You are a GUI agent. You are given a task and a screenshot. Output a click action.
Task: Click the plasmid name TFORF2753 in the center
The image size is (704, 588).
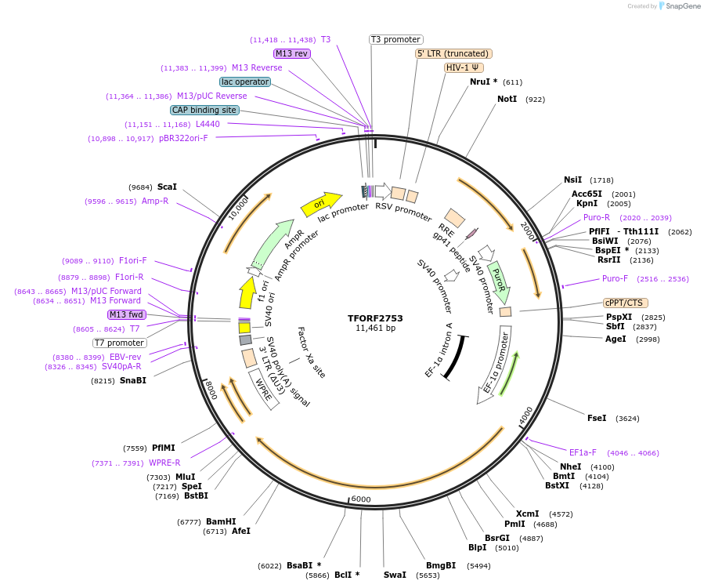(375, 318)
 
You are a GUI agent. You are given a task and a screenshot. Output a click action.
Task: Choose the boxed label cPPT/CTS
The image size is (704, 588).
(625, 303)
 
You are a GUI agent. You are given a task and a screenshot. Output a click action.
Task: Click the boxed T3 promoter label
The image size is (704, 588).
(395, 39)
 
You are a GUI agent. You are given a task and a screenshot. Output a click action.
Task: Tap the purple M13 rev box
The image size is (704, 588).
(291, 53)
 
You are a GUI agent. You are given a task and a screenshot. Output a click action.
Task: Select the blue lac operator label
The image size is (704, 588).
(245, 82)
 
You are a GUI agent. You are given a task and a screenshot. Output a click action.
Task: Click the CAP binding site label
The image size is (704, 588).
(204, 110)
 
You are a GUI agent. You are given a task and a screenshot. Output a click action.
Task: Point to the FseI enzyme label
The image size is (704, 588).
(597, 419)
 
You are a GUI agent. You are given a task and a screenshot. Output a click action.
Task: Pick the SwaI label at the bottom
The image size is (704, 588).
(395, 575)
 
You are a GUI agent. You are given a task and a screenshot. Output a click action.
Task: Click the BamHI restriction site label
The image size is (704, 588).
(221, 521)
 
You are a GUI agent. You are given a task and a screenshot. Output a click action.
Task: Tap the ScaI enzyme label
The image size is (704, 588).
(167, 187)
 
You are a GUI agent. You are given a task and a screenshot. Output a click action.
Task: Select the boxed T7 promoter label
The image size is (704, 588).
(119, 343)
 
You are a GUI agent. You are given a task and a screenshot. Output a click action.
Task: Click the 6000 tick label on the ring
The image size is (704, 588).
(361, 499)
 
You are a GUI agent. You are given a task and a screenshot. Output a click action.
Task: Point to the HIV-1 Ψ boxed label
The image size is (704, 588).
(464, 67)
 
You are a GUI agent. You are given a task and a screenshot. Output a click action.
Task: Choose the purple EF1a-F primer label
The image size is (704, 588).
(583, 452)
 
